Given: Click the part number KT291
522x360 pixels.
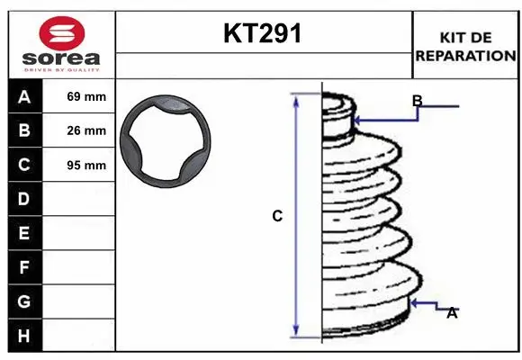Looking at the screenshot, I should tap(263, 34).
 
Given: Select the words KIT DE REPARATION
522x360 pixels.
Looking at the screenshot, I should tap(465, 47).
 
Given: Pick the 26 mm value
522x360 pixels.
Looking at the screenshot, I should tap(86, 131).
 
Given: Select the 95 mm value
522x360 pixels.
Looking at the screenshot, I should tap(86, 166).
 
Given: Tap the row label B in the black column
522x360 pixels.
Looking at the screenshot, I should tap(24, 131).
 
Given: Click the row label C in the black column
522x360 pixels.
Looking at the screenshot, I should tap(24, 166).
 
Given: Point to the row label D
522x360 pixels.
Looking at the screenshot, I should tap(24, 199).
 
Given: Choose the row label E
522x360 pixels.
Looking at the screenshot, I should tap(24, 233).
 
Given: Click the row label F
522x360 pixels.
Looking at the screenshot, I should tap(24, 267).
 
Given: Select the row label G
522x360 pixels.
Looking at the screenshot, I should tap(24, 301).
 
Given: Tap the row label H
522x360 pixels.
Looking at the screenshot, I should tap(24, 335).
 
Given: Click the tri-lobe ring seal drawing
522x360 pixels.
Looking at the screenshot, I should tap(167, 141).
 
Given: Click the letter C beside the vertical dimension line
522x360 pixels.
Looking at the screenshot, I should tap(277, 216).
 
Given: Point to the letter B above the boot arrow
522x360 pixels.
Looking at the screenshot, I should tap(417, 100).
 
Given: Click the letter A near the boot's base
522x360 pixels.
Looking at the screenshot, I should tap(452, 312).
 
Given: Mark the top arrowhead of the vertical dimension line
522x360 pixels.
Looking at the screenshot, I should tap(296, 97).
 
